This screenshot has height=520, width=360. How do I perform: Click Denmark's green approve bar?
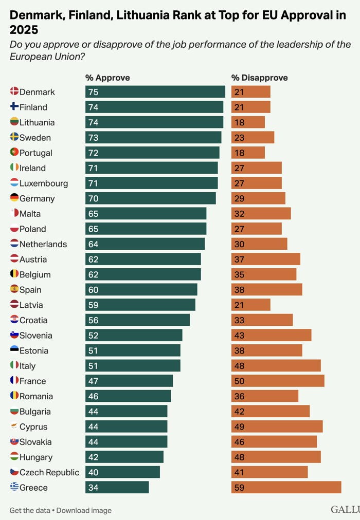[x=155, y=92]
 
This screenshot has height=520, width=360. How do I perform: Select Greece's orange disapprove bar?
[x=286, y=488]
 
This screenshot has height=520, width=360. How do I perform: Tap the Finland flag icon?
[x=14, y=106]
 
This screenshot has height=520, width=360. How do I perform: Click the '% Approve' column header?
[x=107, y=78]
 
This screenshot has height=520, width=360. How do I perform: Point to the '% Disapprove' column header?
[x=260, y=78]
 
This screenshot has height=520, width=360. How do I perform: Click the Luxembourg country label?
[x=44, y=183]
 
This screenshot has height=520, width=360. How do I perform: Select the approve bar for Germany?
[x=151, y=198]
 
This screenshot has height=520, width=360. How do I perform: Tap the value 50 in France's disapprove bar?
[x=239, y=381]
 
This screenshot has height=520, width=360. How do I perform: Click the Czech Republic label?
[x=49, y=472]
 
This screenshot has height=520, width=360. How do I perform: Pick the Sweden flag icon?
[x=14, y=137]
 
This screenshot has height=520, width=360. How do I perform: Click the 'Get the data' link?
[x=30, y=510]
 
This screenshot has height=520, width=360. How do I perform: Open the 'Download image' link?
[x=84, y=510]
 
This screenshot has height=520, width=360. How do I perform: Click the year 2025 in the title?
[x=24, y=30]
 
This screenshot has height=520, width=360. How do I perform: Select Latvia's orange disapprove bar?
[x=251, y=305]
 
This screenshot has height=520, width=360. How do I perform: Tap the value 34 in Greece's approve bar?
[x=93, y=488]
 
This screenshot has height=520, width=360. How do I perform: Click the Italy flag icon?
[x=14, y=365]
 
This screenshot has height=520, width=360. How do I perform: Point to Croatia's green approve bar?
[x=138, y=320]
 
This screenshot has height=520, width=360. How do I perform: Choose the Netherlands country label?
[x=43, y=245]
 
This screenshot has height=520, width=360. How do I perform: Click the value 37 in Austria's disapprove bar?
[x=239, y=259]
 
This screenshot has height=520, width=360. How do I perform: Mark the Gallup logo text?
[x=346, y=509]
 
